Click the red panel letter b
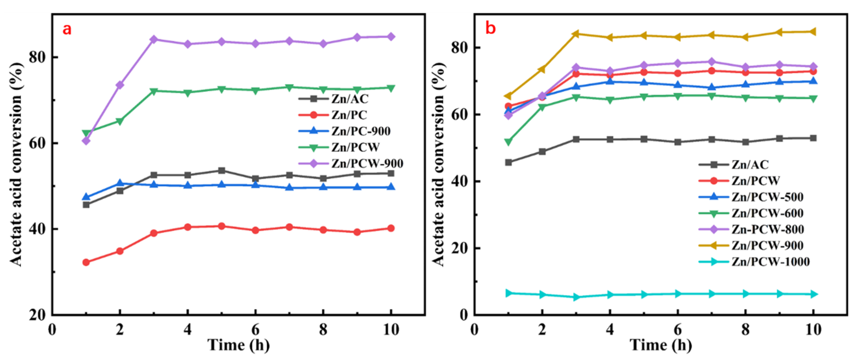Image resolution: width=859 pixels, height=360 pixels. [490, 28]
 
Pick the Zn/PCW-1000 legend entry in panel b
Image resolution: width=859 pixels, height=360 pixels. [770, 262]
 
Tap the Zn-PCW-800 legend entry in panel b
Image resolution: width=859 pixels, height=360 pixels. [767, 230]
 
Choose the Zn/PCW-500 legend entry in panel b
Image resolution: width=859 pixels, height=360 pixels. [767, 197]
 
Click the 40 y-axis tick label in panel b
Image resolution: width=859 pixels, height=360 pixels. [459, 181]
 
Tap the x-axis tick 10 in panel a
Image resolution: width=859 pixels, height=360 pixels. [391, 330]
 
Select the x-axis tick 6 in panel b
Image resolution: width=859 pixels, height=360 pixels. [678, 330]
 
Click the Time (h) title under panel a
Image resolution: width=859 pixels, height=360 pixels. [238, 345]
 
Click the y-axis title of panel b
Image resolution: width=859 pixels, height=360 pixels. [439, 163]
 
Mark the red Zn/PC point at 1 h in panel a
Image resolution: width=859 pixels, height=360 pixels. [86, 263]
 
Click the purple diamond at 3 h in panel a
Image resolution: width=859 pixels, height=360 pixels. [154, 39]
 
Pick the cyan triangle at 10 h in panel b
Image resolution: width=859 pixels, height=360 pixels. [813, 294]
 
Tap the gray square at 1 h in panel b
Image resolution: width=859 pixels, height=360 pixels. [508, 162]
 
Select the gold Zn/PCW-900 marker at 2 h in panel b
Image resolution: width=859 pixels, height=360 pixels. [542, 69]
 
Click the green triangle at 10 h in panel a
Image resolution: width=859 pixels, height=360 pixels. [391, 88]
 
